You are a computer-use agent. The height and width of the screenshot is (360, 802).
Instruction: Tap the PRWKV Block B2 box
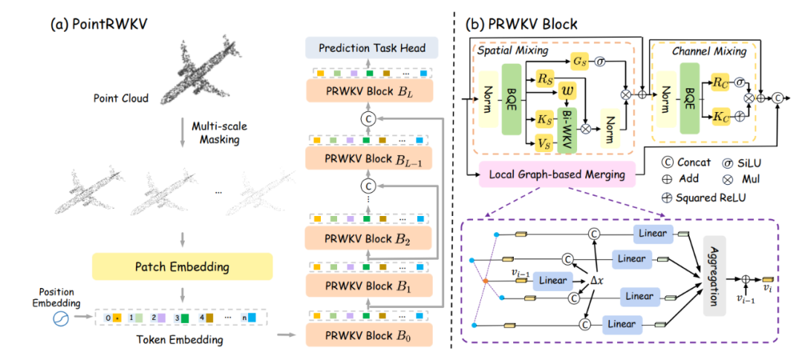[x=369, y=238]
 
